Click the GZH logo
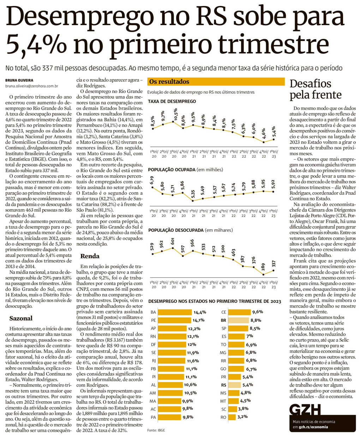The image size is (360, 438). (305, 410)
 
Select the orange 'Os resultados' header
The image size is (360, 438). (216, 82)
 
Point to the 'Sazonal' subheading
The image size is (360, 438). (21, 318)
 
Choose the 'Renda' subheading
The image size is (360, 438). (90, 256)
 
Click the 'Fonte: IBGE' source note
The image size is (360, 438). (156, 430)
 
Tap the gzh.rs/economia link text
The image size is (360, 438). (313, 427)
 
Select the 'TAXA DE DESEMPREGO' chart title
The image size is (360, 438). (172, 101)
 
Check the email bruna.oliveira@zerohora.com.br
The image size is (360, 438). (31, 86)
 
